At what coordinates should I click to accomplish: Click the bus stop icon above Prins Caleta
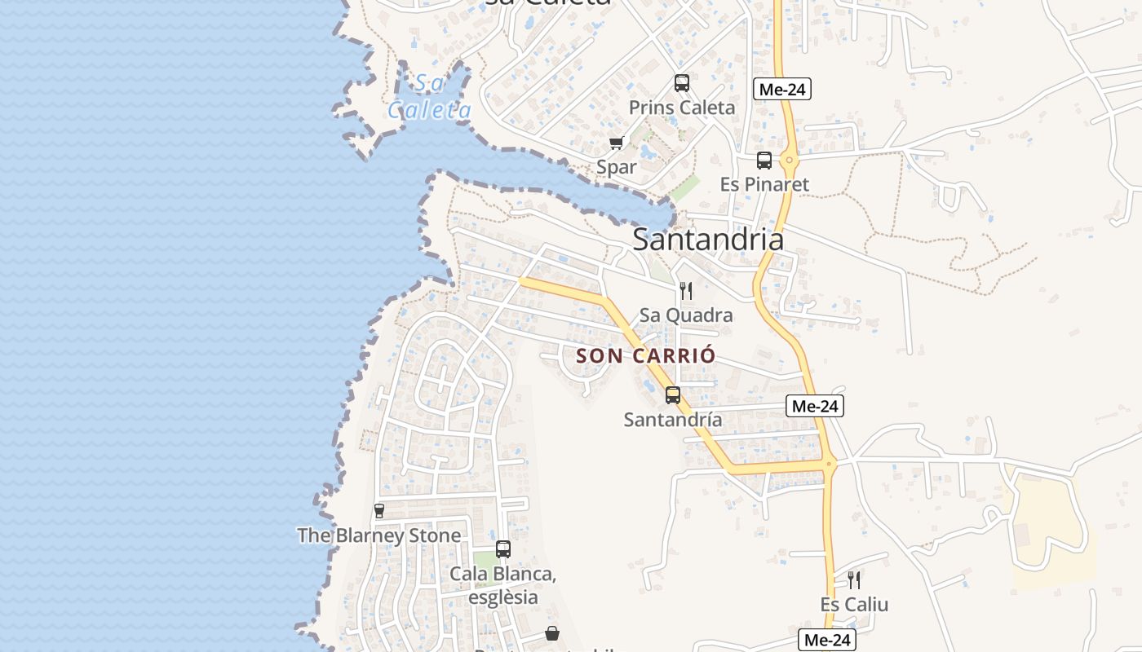(x=681, y=83)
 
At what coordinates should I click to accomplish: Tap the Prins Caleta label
(x=681, y=108)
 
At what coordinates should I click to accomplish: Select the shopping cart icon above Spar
(x=617, y=143)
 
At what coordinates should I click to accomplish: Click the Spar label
(x=617, y=167)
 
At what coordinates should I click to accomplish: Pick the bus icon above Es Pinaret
(x=764, y=161)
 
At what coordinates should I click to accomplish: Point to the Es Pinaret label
(x=764, y=184)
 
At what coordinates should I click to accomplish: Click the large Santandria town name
(x=708, y=240)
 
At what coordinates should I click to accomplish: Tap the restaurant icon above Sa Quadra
(x=686, y=291)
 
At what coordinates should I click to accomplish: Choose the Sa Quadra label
(x=686, y=315)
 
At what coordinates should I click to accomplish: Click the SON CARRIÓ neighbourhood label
(x=646, y=356)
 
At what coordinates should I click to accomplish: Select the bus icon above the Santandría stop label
(x=673, y=395)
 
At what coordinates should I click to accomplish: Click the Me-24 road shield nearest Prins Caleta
(x=782, y=90)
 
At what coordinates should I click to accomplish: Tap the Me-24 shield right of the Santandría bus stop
(x=815, y=406)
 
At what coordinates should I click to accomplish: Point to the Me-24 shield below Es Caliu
(x=826, y=641)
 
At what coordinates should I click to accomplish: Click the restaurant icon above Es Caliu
(x=854, y=580)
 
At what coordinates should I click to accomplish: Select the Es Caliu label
(x=854, y=605)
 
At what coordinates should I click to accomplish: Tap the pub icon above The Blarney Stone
(x=378, y=511)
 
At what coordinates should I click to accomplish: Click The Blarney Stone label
(x=378, y=535)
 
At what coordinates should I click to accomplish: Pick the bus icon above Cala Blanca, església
(x=503, y=549)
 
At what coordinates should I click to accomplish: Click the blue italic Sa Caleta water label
(x=429, y=96)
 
